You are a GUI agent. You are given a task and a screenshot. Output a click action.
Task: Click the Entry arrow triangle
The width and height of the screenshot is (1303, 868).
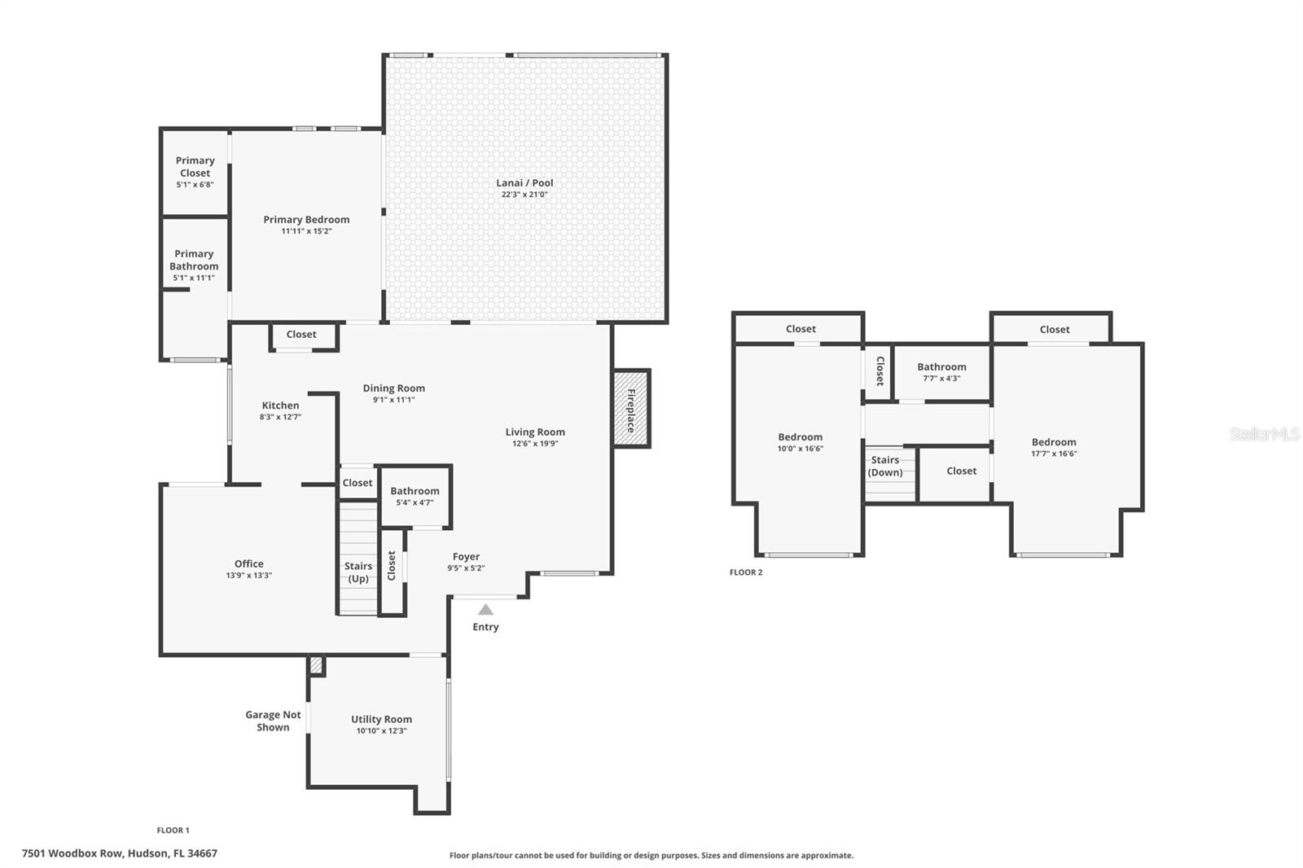[485, 610]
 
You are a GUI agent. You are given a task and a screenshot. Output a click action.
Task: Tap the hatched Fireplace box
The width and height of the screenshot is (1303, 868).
[632, 409]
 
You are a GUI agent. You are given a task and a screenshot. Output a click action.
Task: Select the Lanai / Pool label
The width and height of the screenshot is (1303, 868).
[524, 182]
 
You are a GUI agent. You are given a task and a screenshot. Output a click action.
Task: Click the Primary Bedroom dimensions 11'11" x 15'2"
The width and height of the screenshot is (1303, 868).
[306, 231]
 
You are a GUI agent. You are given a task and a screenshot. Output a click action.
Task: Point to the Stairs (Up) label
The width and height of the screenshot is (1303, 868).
[358, 572]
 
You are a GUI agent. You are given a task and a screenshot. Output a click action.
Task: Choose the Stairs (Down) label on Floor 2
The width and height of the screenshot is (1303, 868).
[885, 466]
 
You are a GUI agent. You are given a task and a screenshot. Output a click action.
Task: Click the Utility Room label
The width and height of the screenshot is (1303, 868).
[382, 719]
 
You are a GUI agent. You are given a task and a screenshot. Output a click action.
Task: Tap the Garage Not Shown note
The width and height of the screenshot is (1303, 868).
[273, 721]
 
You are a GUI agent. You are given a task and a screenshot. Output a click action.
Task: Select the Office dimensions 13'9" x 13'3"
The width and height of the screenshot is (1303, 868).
[249, 576]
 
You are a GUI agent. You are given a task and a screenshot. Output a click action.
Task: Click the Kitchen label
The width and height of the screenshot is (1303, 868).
[280, 406]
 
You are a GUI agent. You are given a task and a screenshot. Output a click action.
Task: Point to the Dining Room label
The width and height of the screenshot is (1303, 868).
[394, 388]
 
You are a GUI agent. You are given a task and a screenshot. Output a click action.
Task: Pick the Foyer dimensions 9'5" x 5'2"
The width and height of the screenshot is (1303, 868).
[466, 568]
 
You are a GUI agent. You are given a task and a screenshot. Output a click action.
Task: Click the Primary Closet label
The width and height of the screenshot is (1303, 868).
[195, 166]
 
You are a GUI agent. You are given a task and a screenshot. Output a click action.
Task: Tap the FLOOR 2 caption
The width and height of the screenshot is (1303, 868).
[746, 572]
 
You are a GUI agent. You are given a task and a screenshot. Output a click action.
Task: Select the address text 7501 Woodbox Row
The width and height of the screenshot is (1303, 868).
[72, 853]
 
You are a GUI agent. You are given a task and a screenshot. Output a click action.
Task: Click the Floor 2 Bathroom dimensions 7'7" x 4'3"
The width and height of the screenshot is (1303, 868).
[941, 378]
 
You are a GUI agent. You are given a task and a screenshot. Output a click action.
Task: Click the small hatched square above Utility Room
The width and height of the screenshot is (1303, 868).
[316, 665]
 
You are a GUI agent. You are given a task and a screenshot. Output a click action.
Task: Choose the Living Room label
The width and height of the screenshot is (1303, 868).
[535, 432]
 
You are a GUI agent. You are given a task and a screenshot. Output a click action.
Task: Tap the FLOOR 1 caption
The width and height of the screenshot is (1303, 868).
[173, 831]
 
